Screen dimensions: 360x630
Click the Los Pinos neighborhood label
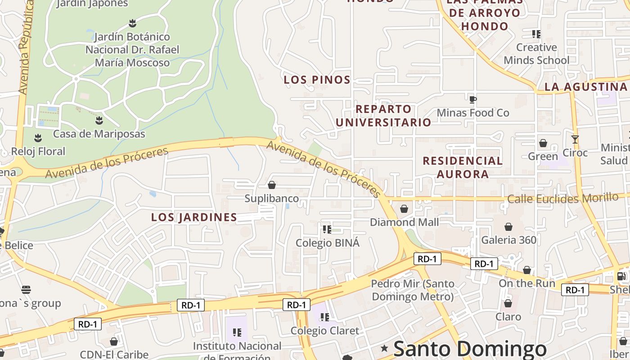pyautogui.click(x=317, y=80)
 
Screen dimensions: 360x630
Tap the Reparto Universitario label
pyautogui.click(x=383, y=116)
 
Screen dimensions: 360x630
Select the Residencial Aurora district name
pyautogui.click(x=463, y=167)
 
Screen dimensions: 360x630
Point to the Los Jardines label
pyautogui.click(x=194, y=217)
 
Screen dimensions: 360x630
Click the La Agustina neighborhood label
pyautogui.click(x=586, y=87)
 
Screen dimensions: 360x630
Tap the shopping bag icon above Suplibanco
pyautogui.click(x=272, y=185)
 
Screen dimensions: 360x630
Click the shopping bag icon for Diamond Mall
pyautogui.click(x=404, y=209)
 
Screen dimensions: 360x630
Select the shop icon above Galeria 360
pyautogui.click(x=508, y=227)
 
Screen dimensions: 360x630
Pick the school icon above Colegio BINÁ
pyautogui.click(x=327, y=229)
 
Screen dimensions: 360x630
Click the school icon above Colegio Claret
pyautogui.click(x=324, y=317)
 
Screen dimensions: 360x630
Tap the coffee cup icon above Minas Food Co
pyautogui.click(x=472, y=99)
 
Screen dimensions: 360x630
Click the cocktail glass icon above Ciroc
pyautogui.click(x=575, y=139)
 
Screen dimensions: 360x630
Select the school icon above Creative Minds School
pyautogui.click(x=536, y=34)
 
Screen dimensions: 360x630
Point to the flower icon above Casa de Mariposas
pyautogui.click(x=99, y=121)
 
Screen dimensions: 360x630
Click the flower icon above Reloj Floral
pyautogui.click(x=38, y=138)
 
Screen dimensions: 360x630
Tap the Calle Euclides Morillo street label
pyautogui.click(x=562, y=198)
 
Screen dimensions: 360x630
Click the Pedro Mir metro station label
pyautogui.click(x=413, y=290)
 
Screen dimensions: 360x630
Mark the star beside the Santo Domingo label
pyautogui.click(x=384, y=348)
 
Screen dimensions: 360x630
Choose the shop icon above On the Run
pyautogui.click(x=527, y=270)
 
